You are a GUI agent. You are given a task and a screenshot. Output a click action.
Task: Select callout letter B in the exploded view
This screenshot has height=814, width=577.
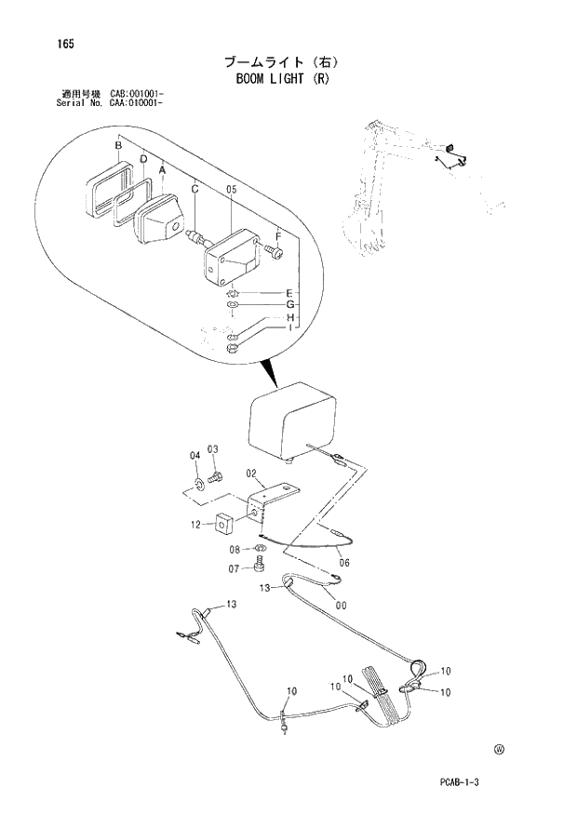click(118, 146)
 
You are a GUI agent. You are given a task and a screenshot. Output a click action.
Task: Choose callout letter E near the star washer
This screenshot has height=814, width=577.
click(289, 294)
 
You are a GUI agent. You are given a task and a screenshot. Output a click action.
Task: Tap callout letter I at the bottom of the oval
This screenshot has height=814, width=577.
click(290, 328)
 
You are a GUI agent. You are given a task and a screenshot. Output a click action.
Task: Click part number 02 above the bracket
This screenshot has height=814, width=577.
click(251, 474)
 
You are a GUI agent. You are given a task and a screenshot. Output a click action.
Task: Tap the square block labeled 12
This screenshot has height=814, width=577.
click(222, 525)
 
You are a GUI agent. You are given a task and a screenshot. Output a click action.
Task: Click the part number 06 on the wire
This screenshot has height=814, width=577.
click(343, 562)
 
